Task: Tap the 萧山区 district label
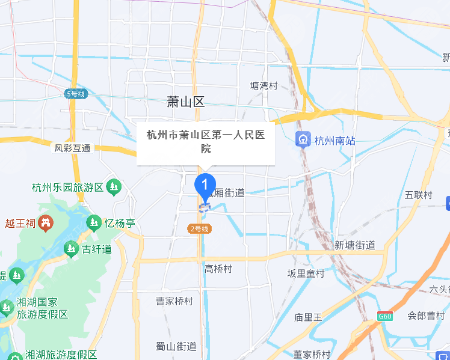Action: (186, 102)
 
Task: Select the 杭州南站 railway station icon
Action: (303, 140)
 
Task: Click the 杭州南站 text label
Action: (335, 141)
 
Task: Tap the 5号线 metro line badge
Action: (76, 94)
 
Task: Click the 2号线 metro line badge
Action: (199, 228)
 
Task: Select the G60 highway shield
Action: (385, 316)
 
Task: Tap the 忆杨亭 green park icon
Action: (94, 224)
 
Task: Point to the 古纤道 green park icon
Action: (72, 248)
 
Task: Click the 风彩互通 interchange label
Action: (72, 148)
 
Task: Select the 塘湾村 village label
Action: (264, 86)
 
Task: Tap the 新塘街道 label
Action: (355, 245)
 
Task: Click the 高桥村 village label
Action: (218, 269)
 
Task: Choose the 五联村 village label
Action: (419, 195)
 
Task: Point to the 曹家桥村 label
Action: (174, 301)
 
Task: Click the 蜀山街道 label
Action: (176, 346)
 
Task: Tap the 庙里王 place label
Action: (309, 317)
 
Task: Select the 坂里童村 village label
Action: (306, 273)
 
